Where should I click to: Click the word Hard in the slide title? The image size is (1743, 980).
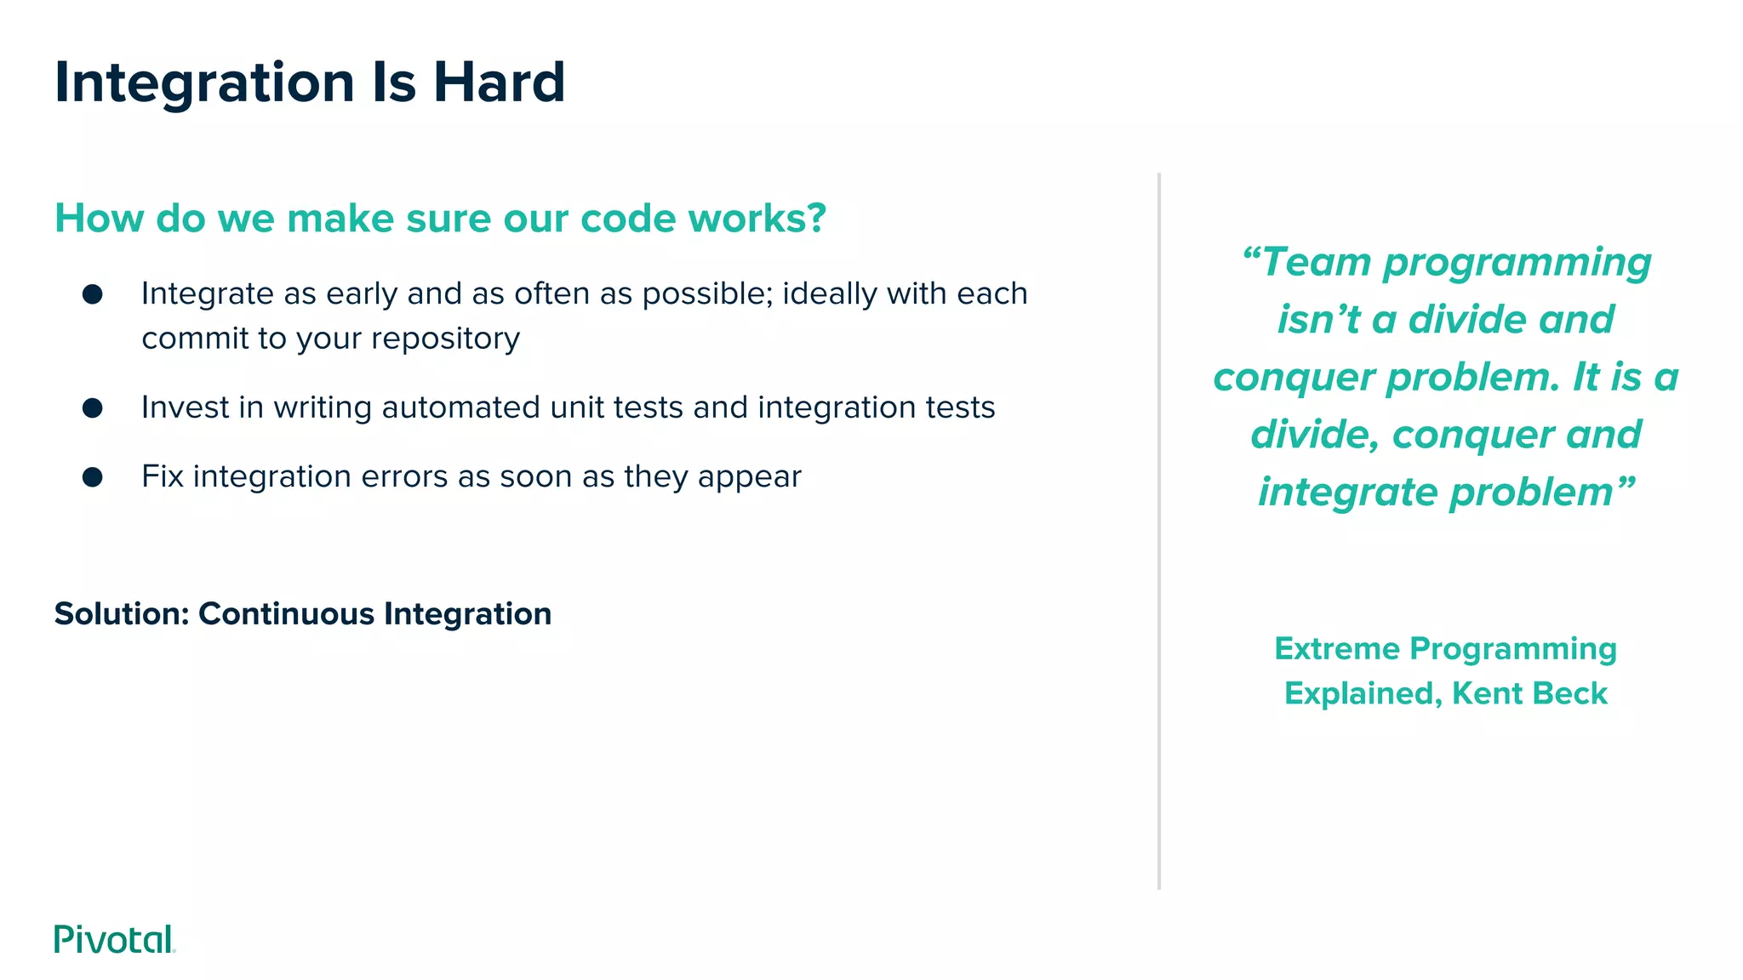[499, 83]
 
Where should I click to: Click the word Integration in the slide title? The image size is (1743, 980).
[204, 83]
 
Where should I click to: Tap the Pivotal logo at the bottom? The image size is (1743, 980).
[114, 939]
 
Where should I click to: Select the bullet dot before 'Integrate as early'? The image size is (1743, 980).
[93, 294]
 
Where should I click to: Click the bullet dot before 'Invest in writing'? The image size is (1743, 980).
[93, 408]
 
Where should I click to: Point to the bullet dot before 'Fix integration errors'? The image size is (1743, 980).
[93, 477]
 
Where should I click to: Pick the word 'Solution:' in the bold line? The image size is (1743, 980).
[122, 613]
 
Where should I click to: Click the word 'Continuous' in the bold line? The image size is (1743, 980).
[286, 613]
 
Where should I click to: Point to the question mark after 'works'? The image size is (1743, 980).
[816, 218]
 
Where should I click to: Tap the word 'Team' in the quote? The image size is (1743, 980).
[1317, 262]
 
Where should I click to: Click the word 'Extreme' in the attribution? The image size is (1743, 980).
[1336, 649]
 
